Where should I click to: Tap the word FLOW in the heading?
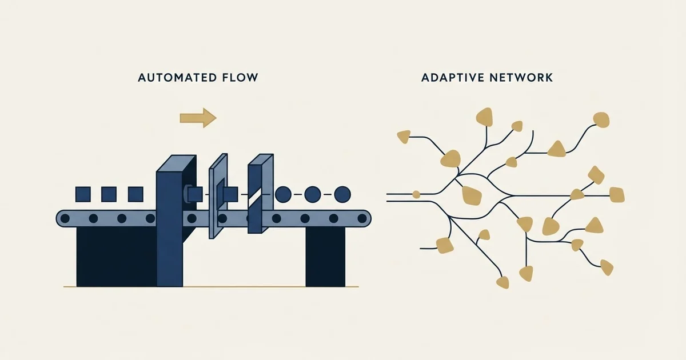(240, 78)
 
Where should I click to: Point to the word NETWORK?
(521, 78)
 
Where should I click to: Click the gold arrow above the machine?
(198, 118)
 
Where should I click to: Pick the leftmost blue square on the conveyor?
(83, 194)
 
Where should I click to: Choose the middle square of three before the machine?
(109, 194)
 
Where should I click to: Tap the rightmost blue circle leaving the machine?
(342, 194)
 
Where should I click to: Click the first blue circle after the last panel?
(284, 194)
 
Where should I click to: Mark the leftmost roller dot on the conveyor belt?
(65, 218)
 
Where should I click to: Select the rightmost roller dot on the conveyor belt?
(362, 218)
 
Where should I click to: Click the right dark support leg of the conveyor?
(325, 257)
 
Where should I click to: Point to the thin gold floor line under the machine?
(211, 287)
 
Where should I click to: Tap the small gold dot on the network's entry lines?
(416, 194)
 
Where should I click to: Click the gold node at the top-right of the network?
(601, 120)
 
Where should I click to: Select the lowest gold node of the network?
(503, 282)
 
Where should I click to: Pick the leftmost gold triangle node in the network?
(404, 137)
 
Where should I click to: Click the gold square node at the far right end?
(617, 195)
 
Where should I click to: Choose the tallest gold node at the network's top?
(485, 117)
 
